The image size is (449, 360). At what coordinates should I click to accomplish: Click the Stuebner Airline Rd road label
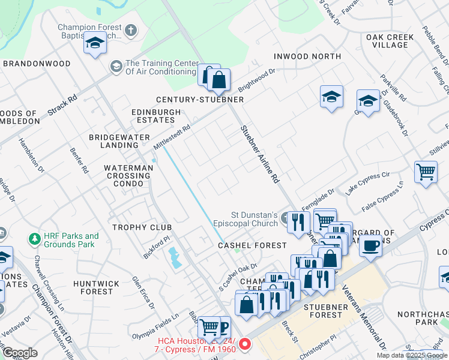(260, 154)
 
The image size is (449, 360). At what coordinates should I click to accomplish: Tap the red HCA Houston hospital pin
(244, 344)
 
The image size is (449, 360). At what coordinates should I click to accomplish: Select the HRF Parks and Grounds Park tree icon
(35, 240)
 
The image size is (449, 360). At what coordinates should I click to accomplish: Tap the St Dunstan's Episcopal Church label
(254, 218)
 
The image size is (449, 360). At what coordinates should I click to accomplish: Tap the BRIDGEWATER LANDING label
(114, 141)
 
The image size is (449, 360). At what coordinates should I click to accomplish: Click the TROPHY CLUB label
(142, 227)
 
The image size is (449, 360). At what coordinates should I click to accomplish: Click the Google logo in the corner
(20, 353)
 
